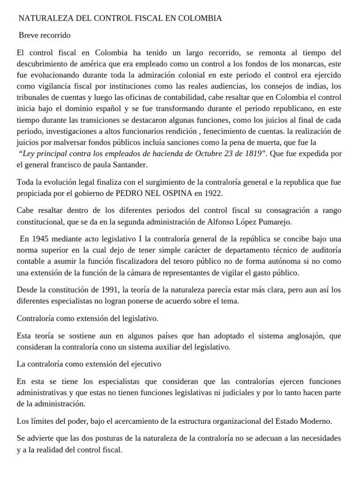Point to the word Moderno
click(x=317, y=421)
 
